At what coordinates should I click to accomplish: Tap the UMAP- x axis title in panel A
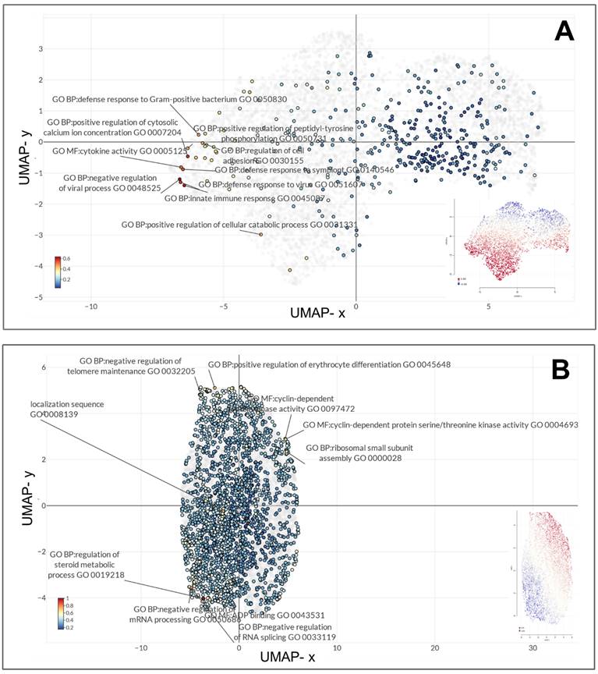tap(323, 312)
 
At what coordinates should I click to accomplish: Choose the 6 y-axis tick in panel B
tap(44, 367)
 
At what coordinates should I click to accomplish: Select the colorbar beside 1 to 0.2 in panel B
tap(60, 612)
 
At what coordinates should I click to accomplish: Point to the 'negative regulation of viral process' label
tap(111, 183)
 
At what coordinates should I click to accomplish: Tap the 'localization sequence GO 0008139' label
tap(68, 410)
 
